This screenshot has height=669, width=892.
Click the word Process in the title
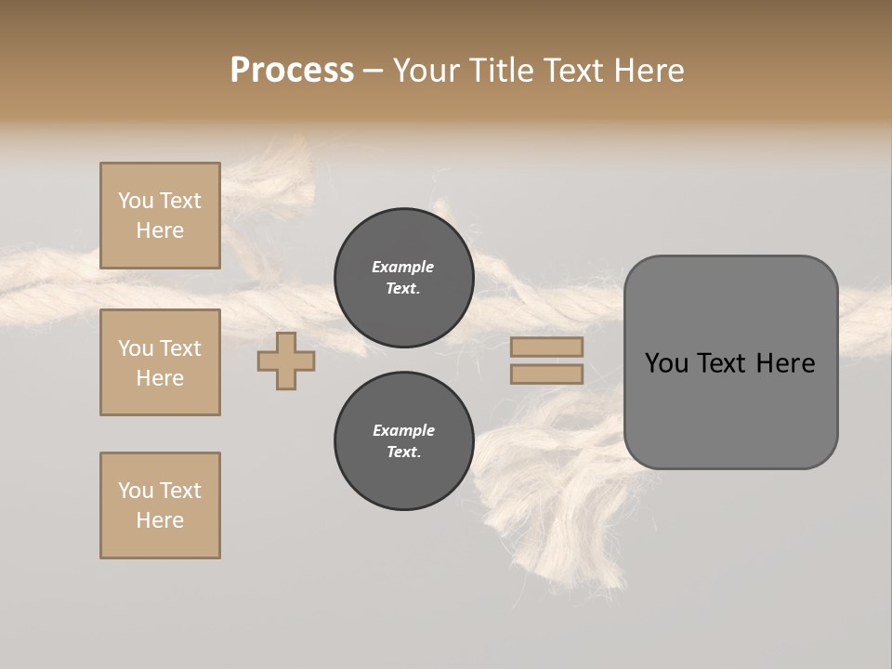point(292,71)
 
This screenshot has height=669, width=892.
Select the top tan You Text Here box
point(160,216)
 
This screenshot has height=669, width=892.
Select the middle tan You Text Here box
point(160,362)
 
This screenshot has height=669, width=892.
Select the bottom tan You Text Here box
point(160,505)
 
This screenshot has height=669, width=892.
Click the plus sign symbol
point(286,361)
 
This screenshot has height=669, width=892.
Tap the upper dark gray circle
point(403,278)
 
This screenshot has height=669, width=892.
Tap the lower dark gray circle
point(403,441)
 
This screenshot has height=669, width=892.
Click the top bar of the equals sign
point(546,347)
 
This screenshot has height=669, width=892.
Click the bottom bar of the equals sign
point(546,374)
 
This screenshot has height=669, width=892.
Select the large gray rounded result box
point(730,409)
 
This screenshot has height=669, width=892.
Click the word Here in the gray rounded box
point(786,363)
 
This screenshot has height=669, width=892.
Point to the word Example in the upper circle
point(402,267)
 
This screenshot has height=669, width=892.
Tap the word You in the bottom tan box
point(136,491)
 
